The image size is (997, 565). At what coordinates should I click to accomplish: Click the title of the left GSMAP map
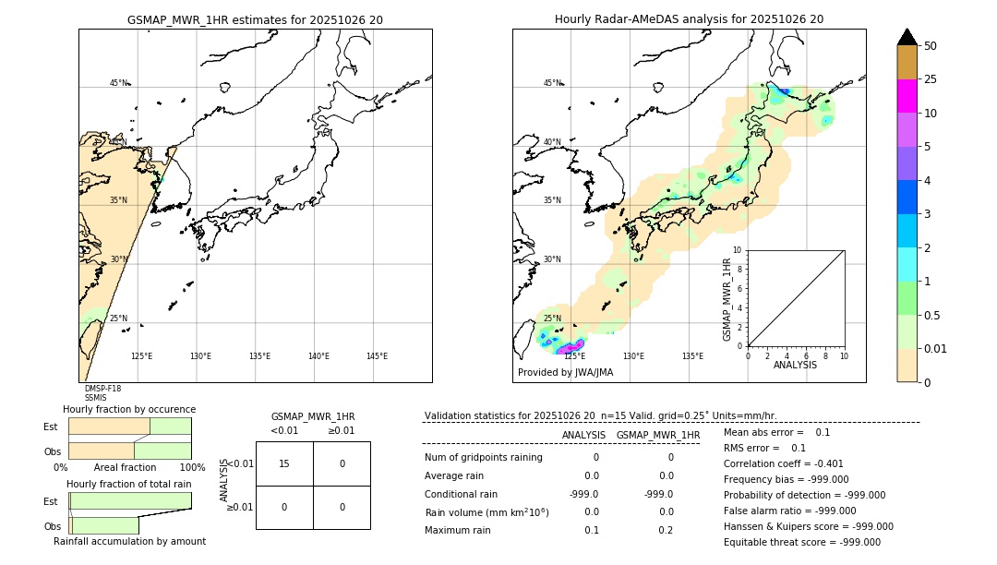pos(255,19)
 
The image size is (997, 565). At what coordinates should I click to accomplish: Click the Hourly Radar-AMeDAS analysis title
pos(689,19)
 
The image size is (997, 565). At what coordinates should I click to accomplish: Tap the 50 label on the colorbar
pos(931,46)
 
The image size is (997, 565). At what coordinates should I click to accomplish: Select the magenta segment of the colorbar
pos(907,96)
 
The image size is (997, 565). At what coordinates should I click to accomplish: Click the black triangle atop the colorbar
pos(907,37)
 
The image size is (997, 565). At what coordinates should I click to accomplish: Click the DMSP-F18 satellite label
pos(102,389)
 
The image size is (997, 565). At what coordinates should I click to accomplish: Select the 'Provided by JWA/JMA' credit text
pos(565,373)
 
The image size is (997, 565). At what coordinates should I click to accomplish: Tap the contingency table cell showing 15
pos(284,463)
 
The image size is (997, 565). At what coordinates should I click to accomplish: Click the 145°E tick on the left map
pos(377,356)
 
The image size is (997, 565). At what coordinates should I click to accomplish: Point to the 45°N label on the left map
pos(119,83)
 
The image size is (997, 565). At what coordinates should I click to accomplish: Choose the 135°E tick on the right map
pos(692,356)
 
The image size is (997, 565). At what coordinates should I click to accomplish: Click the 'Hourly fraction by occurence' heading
pos(129,409)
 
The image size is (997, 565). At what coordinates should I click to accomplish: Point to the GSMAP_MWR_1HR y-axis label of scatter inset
pos(727,299)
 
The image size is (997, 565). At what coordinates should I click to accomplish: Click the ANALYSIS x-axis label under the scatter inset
pos(795,365)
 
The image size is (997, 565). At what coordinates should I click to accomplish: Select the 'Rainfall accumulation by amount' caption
pos(129,541)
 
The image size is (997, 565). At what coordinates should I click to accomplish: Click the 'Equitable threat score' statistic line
pos(802,542)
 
